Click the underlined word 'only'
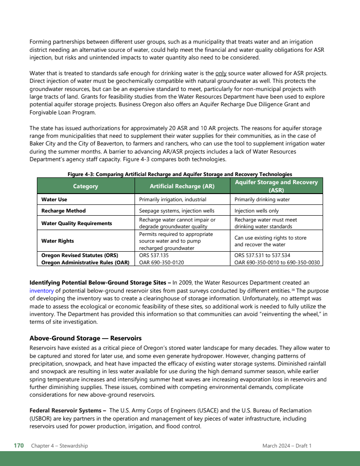221,73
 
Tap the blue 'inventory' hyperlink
42,291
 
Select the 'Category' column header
85,186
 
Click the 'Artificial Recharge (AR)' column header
182,186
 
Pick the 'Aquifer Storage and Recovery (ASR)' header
276,186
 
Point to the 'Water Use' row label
54,199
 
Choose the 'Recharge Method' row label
63,211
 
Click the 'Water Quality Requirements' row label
76,223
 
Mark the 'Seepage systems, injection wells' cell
176,211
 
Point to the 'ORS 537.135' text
154,255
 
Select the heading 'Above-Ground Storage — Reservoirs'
85,338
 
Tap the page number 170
18,446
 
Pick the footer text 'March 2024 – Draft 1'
287,446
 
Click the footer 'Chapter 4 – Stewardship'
59,446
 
